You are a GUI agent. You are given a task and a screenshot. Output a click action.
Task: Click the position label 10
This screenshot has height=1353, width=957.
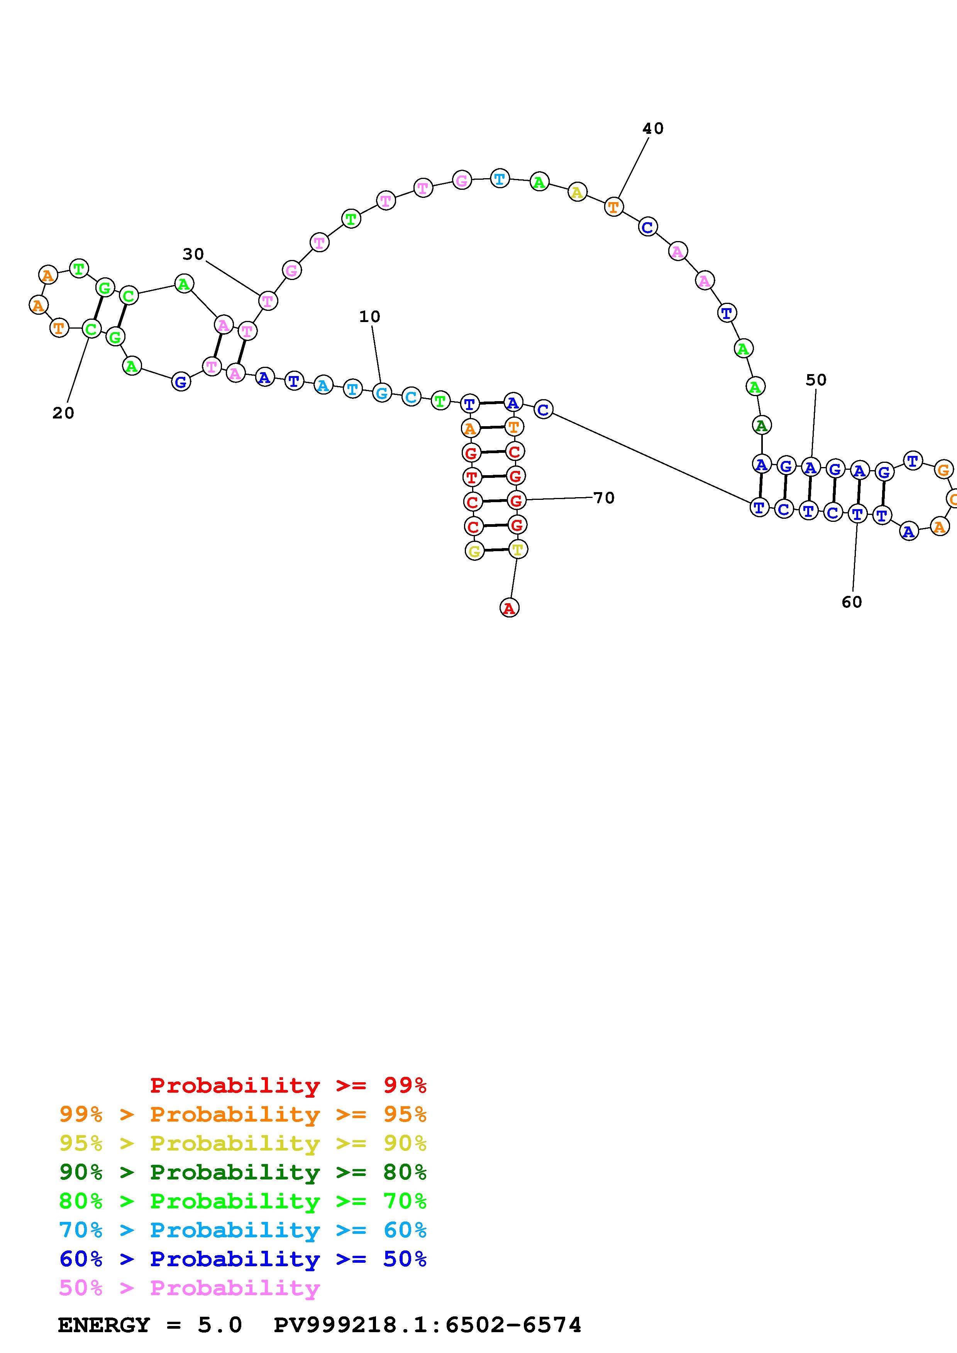(x=370, y=317)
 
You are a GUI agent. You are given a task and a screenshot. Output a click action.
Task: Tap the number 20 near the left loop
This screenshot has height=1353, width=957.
(x=63, y=414)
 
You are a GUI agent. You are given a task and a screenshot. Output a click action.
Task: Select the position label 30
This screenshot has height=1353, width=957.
(x=193, y=255)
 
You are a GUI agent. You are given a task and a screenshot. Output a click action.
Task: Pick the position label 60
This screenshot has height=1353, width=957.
(x=852, y=602)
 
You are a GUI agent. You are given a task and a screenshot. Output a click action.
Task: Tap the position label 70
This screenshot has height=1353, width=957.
(x=604, y=499)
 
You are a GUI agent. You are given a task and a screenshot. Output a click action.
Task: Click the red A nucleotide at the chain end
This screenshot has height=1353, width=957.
(x=509, y=607)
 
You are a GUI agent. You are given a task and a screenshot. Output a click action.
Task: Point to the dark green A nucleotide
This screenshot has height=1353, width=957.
(x=761, y=425)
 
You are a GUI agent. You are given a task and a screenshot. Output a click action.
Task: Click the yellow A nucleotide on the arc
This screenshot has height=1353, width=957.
(x=577, y=192)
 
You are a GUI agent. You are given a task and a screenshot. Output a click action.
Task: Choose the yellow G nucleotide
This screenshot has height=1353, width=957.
(x=474, y=551)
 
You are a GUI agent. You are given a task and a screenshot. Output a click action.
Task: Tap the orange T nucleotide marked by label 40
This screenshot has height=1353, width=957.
(x=614, y=207)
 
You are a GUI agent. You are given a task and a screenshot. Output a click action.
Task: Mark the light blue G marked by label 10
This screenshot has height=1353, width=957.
(x=382, y=393)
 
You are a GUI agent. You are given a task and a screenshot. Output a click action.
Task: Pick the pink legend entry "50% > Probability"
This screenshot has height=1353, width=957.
(x=189, y=1288)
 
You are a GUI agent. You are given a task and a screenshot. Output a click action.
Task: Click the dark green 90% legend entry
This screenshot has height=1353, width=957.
(x=243, y=1172)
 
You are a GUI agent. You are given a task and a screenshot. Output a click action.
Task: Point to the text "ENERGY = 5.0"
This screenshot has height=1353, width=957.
(x=150, y=1325)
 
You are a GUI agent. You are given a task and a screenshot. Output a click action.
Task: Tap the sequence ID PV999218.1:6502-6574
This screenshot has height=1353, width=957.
(x=427, y=1325)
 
